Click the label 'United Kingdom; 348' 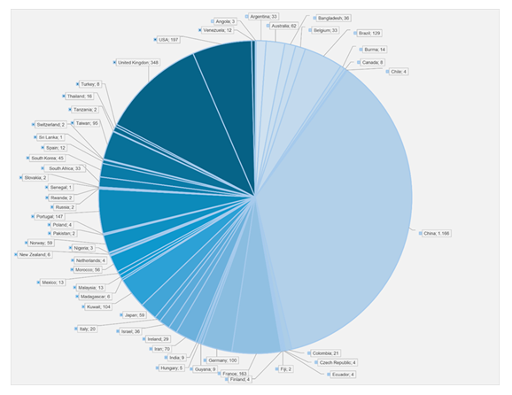click(137, 63)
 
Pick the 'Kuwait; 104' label click(97, 306)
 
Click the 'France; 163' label click(238, 375)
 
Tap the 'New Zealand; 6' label click(34, 254)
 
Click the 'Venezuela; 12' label click(215, 30)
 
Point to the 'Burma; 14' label click(374, 50)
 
